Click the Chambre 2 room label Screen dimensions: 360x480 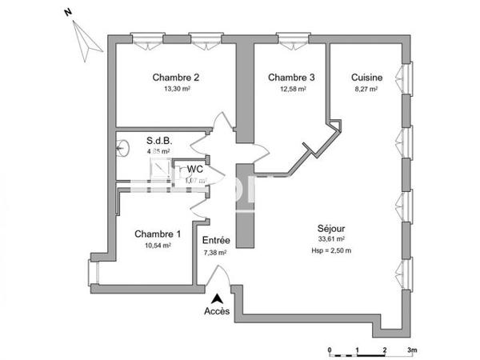click(175, 78)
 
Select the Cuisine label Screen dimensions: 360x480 click(366, 78)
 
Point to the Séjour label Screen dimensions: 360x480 click(330, 228)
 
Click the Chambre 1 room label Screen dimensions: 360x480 click(157, 234)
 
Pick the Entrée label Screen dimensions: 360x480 click(216, 241)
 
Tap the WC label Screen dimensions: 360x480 click(194, 170)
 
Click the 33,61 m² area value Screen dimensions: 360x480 click(330, 239)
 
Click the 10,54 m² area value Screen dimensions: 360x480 click(157, 246)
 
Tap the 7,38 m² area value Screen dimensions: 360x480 click(215, 252)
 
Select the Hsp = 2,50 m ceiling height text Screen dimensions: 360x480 click(330, 250)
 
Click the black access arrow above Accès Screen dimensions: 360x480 click(216, 298)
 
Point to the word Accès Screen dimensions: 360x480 click(217, 311)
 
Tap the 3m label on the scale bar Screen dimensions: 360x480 click(413, 350)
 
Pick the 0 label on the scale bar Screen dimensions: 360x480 click(330, 350)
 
